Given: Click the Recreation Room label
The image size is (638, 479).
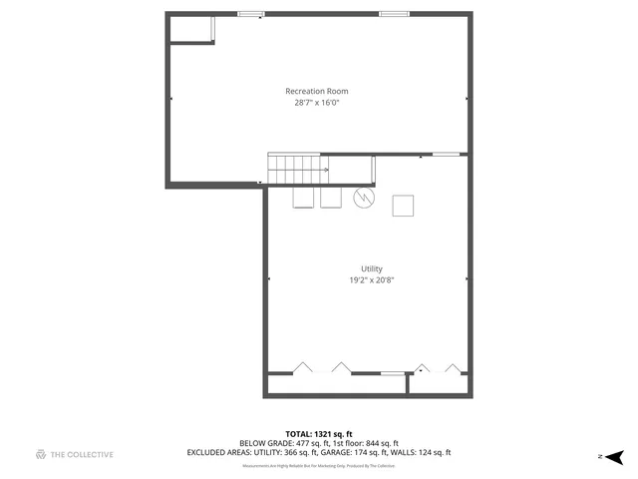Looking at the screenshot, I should tap(317, 91).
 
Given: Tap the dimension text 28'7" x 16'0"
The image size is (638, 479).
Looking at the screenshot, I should tap(317, 103).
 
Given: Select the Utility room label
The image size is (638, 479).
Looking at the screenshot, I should tap(372, 269).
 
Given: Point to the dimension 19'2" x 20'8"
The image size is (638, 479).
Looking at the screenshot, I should tap(372, 281).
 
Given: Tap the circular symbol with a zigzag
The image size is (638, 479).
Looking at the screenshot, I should tap(365, 198).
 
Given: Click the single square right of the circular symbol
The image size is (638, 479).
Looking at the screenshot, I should tap(404, 206).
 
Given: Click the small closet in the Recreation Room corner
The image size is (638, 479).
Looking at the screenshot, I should tap(191, 29).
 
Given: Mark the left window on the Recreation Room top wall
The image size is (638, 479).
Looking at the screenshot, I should tap(251, 14).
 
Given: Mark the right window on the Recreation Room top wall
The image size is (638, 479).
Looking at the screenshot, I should tap(394, 14).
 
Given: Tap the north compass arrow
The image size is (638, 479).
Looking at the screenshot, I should tap(615, 456).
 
